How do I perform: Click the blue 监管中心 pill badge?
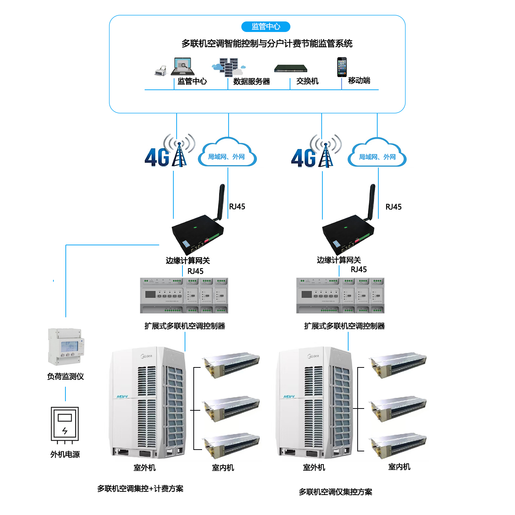(266, 27)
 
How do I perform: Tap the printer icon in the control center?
(161, 71)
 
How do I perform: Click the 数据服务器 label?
(252, 81)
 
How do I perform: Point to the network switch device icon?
(291, 68)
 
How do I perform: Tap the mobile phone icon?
(342, 67)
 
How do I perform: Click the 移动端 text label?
(359, 80)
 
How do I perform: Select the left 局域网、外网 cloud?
(227, 153)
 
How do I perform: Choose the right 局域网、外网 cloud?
(377, 154)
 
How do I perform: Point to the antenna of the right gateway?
(372, 202)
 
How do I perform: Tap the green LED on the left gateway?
(195, 228)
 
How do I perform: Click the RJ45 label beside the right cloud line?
(393, 207)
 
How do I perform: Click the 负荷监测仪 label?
(65, 376)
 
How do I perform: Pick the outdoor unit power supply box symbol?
(65, 424)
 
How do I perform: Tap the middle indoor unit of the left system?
(231, 409)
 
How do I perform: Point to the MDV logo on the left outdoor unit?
(122, 397)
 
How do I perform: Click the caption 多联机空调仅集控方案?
(335, 492)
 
